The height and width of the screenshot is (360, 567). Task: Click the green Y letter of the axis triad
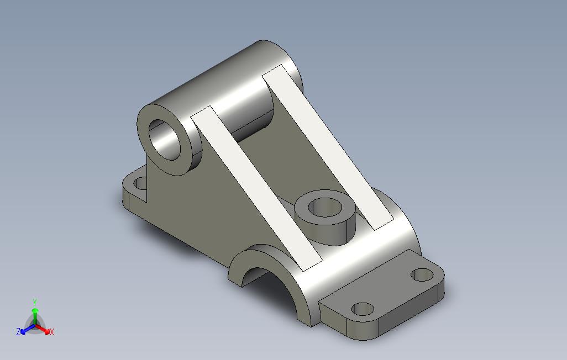coord(35,303)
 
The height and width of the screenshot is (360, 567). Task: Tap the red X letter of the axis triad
coord(52,331)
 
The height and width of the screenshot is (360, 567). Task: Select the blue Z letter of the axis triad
coord(18,331)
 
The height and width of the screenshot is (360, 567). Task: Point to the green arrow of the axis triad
coord(35,316)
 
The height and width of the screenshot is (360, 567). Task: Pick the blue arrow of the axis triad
coord(28,329)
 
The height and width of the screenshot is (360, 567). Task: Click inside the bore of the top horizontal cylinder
coord(165,140)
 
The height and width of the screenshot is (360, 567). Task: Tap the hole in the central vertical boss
coord(325,208)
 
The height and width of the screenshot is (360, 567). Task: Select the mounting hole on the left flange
coord(141,183)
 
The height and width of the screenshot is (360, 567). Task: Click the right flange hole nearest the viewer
coord(363,309)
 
